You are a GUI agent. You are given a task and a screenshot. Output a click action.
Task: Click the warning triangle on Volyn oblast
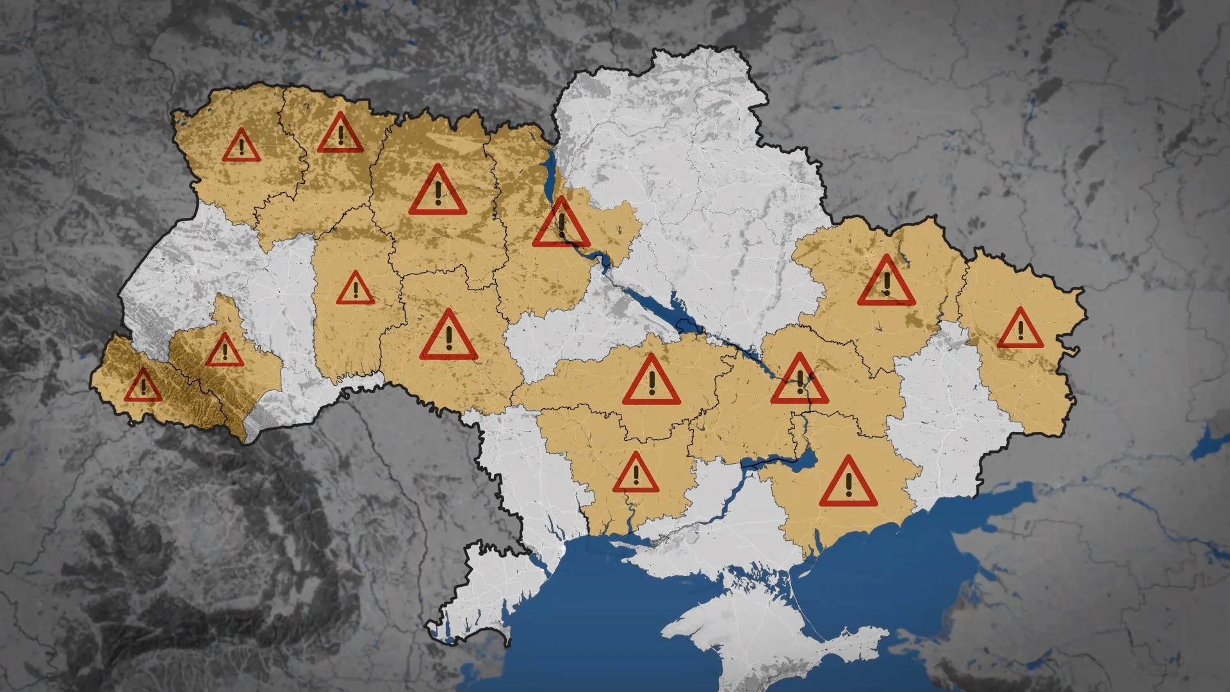point(241,146)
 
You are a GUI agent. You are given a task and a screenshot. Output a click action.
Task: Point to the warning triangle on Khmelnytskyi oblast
point(356,289)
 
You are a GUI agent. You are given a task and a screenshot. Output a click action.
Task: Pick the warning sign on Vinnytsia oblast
point(449,336)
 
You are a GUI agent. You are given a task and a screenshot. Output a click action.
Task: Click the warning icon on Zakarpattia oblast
point(143,386)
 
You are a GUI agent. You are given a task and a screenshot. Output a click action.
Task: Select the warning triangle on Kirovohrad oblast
point(651,382)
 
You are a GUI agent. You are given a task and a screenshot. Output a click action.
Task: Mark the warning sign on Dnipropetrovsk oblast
point(799,381)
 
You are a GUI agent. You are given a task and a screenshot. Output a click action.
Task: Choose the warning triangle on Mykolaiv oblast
point(635,474)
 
